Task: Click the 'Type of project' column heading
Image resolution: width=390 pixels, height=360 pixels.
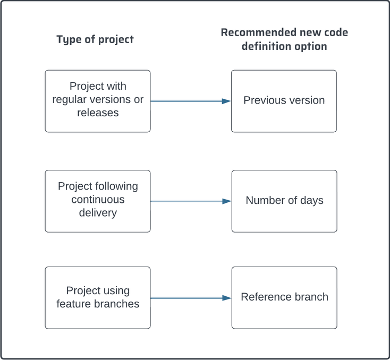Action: click(x=95, y=39)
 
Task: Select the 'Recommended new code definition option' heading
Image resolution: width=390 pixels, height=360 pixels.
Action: click(x=284, y=39)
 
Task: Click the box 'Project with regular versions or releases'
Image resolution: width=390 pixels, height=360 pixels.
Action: click(x=98, y=101)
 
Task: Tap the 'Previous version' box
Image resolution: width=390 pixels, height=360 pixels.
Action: click(x=284, y=101)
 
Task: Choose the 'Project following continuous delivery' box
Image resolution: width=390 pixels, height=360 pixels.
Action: click(x=98, y=201)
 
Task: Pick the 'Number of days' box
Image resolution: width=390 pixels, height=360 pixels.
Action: click(x=284, y=201)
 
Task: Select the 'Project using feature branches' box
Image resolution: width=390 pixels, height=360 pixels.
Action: click(x=98, y=297)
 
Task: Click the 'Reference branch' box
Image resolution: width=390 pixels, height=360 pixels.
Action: click(x=284, y=297)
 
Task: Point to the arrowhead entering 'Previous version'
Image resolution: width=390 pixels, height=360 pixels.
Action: click(x=227, y=101)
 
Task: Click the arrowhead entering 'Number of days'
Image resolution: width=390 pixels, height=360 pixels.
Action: click(x=227, y=201)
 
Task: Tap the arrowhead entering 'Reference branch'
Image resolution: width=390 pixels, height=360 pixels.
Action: click(x=227, y=298)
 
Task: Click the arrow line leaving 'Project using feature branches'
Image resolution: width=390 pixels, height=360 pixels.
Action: click(x=186, y=298)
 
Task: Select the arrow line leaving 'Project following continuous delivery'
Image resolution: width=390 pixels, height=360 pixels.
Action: click(x=186, y=201)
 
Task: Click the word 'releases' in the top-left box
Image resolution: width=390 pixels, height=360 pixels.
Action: click(x=98, y=113)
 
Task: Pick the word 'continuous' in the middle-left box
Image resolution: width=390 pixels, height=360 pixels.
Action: click(x=98, y=200)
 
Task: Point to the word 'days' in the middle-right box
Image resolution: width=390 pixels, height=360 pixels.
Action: click(x=312, y=201)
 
